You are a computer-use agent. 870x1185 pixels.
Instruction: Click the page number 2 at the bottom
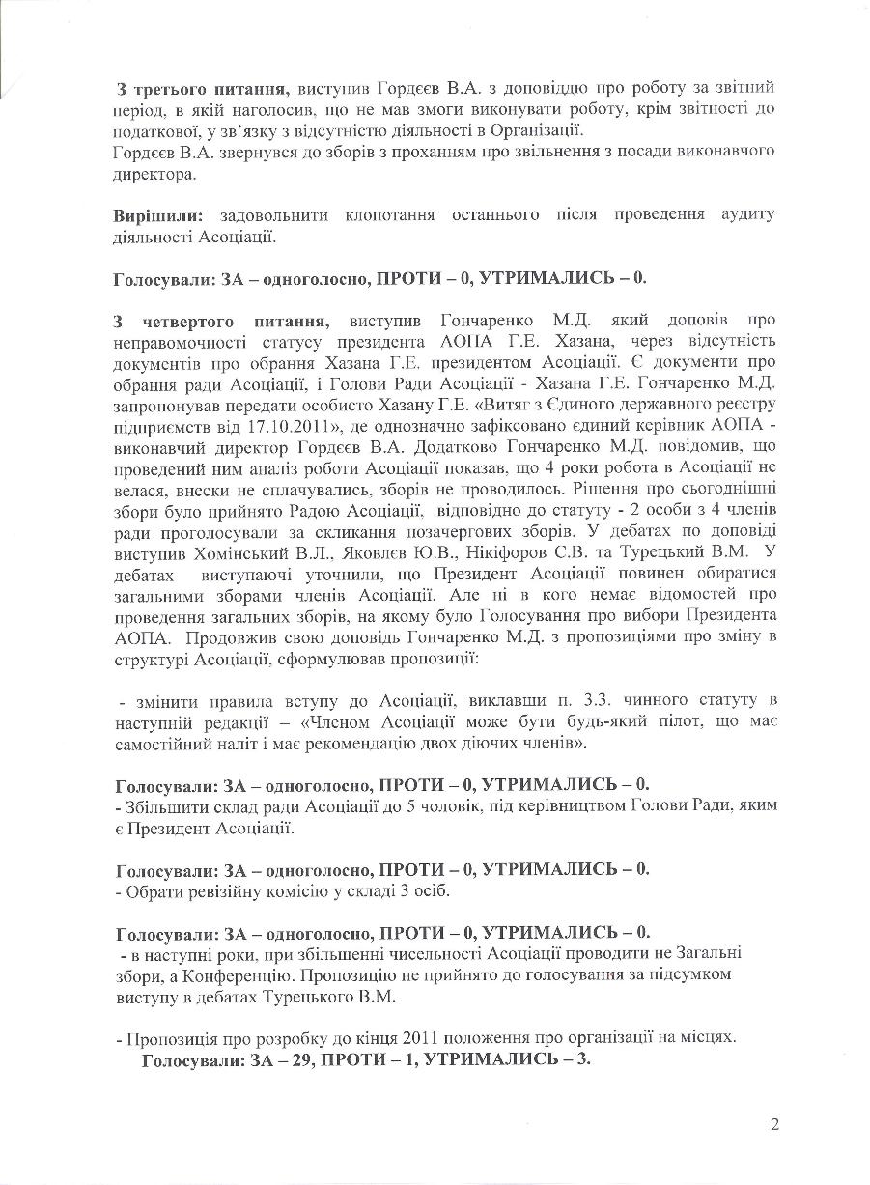(774, 1123)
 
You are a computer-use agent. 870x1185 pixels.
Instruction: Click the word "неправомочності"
(174, 339)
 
